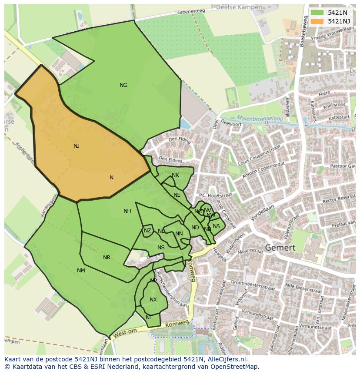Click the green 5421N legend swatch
pos(317,13)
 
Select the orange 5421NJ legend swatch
pos(317,21)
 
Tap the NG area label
pos(123,85)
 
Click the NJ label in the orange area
pos(77,146)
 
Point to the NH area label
pos(127,212)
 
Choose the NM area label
pos(81,271)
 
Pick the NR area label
pos(107,258)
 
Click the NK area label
pos(175,175)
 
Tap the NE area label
pos(177,195)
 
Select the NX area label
pos(153,300)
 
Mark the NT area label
pos(149,318)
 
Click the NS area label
pos(161,248)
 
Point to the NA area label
pos(216,226)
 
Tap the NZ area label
pos(147,231)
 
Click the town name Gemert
pos(280,248)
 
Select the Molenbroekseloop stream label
pos(260,118)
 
